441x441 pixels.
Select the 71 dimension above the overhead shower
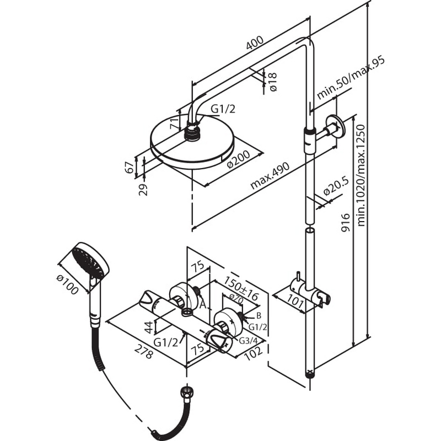coord(175,122)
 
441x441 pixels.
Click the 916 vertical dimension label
coord(346,224)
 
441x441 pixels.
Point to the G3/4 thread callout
coord(249,340)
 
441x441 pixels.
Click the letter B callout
coord(257,315)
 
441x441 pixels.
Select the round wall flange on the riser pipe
coord(335,127)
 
